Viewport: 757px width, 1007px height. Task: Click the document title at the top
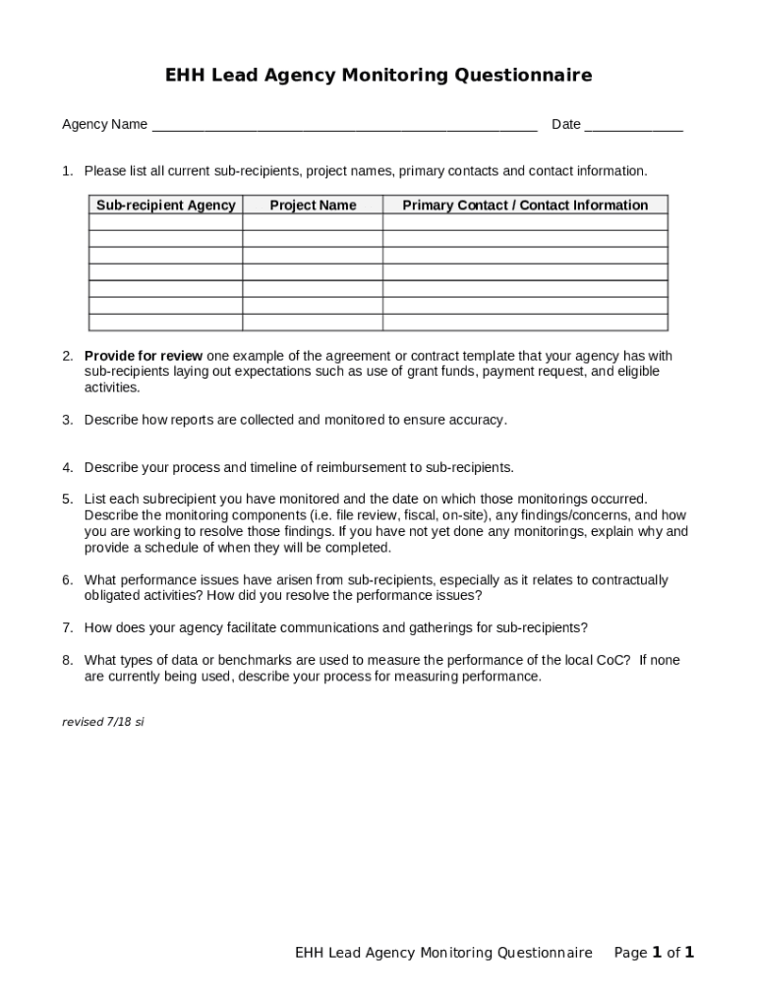point(378,76)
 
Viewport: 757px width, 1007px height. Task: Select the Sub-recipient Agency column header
point(165,206)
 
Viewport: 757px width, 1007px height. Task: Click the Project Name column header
point(313,206)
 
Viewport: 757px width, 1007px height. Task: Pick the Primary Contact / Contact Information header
point(525,206)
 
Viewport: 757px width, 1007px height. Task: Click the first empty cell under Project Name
point(313,222)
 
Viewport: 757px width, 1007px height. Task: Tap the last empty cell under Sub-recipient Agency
point(165,323)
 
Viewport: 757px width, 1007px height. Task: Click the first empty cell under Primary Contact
point(525,222)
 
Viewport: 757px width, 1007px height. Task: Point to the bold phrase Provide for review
point(144,356)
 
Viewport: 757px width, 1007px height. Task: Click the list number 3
point(67,420)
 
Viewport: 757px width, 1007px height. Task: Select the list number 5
point(67,500)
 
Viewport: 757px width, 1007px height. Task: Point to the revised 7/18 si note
point(103,722)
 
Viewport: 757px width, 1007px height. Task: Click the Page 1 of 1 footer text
point(654,952)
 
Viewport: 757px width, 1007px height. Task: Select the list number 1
point(67,171)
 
